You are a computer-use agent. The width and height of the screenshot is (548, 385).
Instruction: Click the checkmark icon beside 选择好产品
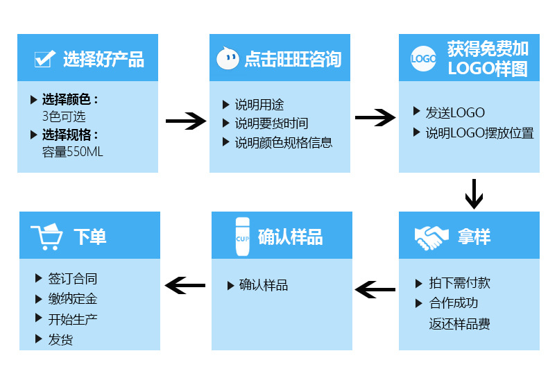[x=44, y=59]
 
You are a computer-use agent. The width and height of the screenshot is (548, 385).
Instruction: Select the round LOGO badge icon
[x=423, y=59]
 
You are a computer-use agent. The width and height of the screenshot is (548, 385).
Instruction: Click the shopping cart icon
[x=46, y=237]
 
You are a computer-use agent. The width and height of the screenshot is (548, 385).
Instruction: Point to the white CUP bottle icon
[x=242, y=237]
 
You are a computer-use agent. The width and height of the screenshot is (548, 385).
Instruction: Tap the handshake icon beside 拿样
[x=431, y=237]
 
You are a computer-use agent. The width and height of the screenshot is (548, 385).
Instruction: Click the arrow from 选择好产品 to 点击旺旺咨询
[x=185, y=121]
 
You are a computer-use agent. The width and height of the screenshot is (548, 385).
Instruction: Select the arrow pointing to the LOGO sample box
[x=375, y=117]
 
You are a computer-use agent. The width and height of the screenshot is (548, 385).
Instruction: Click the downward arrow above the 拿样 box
[x=473, y=194]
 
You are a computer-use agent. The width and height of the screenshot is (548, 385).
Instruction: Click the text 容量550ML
[x=72, y=152]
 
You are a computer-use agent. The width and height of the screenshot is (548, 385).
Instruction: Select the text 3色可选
[x=64, y=117]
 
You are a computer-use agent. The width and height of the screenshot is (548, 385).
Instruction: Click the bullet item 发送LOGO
[x=454, y=112]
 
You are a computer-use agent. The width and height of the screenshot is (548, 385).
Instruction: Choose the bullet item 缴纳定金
[x=72, y=299]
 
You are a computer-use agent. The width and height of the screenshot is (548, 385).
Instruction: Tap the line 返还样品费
[x=459, y=324]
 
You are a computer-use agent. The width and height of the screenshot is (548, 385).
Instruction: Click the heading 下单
[x=89, y=237]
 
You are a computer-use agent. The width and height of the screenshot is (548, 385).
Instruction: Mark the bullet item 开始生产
[x=72, y=319]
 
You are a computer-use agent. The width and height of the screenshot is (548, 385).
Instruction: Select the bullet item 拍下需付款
[x=459, y=283]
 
